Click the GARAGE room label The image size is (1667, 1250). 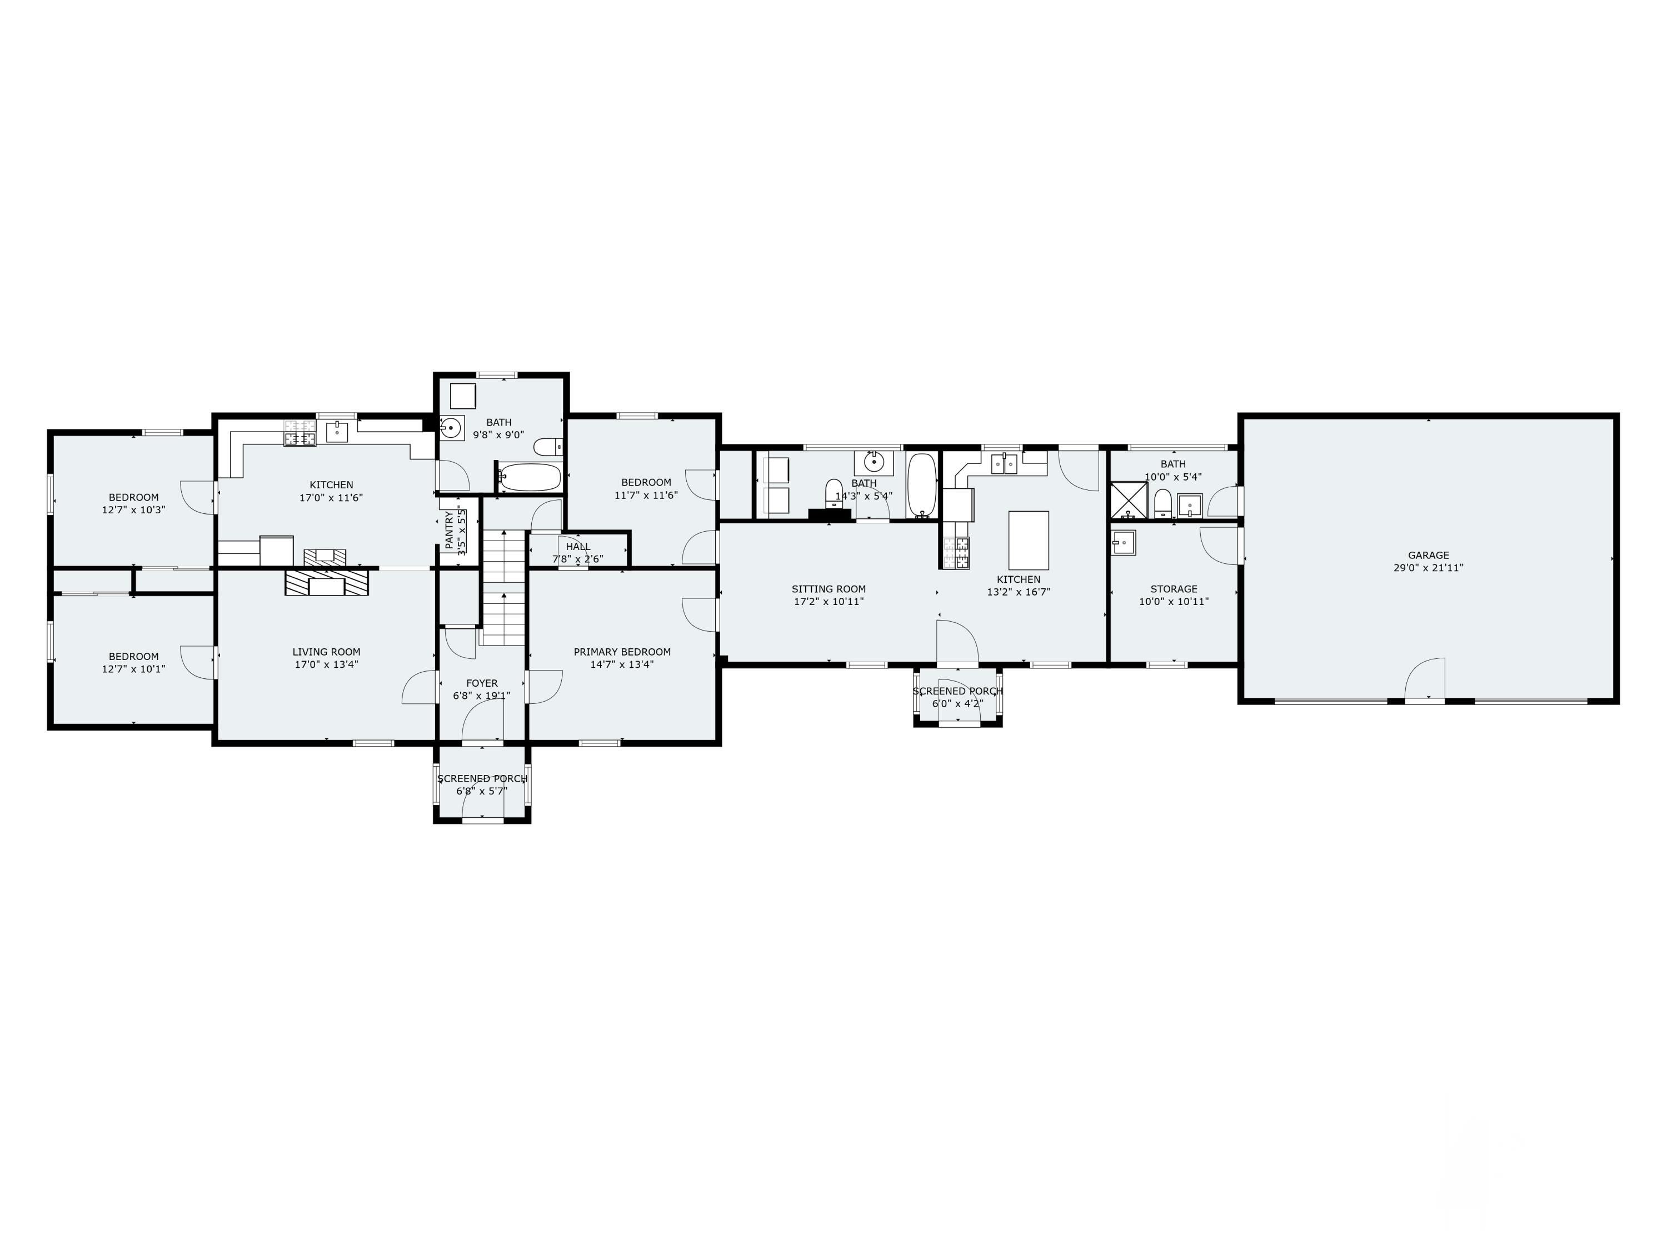[x=1428, y=556]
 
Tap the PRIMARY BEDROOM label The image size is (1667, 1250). [x=622, y=652]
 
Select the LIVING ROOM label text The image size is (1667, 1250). [x=326, y=652]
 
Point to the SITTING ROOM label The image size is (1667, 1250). [x=828, y=589]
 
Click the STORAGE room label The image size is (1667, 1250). [x=1174, y=589]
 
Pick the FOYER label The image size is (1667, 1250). [x=482, y=683]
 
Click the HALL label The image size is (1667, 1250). [x=578, y=546]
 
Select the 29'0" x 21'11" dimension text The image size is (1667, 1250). [x=1428, y=568]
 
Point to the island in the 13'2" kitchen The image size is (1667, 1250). [x=1029, y=539]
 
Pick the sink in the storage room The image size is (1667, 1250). [x=1124, y=542]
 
